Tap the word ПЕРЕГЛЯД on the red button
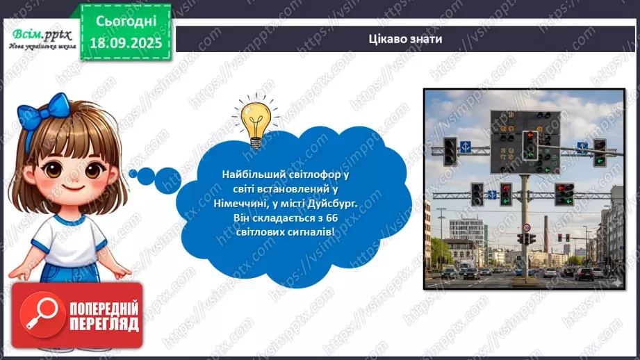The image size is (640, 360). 103,323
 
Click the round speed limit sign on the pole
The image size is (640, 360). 527,227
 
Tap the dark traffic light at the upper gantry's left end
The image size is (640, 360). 450,150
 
